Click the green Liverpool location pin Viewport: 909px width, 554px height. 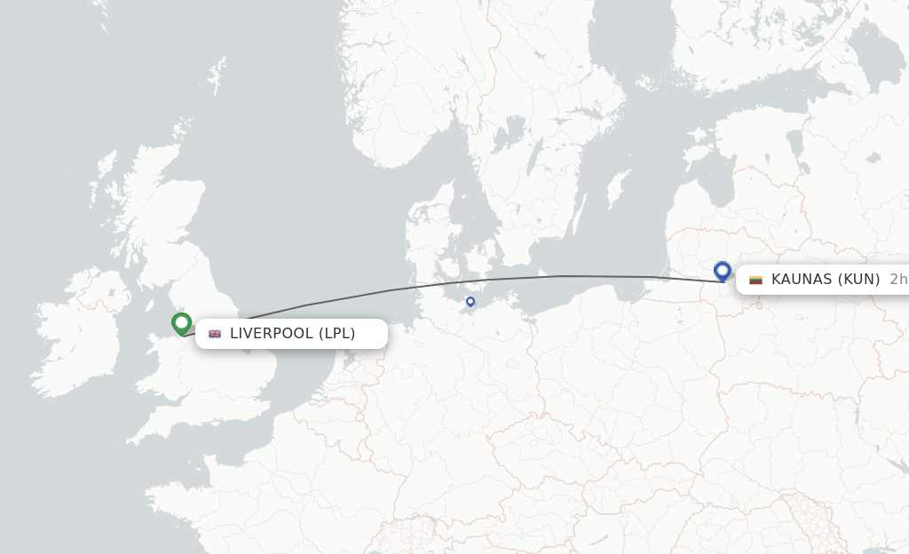point(182,323)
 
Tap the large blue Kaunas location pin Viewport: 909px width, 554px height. point(722,270)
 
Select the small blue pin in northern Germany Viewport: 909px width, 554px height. point(470,302)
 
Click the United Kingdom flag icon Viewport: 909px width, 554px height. point(215,334)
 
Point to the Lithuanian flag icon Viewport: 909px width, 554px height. point(756,280)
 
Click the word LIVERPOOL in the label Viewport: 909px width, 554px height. point(272,334)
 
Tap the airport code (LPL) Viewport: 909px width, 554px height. point(337,334)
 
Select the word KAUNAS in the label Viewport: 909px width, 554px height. point(801,280)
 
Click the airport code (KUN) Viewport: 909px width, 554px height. point(858,280)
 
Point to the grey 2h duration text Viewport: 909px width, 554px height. point(897,280)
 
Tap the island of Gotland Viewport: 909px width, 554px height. point(615,188)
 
